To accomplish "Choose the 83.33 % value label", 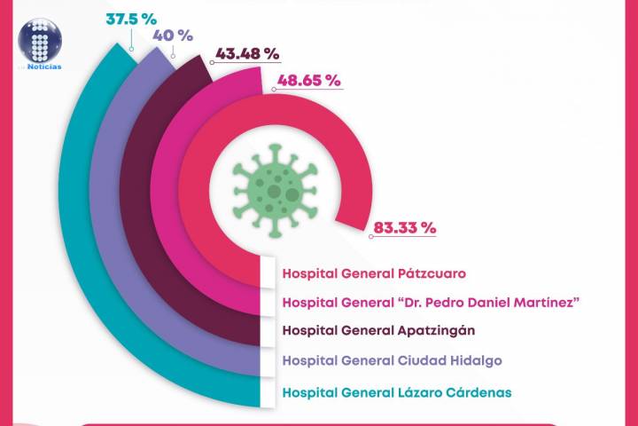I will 405,227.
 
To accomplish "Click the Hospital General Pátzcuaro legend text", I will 374,273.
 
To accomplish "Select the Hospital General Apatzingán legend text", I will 378,330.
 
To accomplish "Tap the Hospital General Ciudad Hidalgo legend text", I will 391,360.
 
